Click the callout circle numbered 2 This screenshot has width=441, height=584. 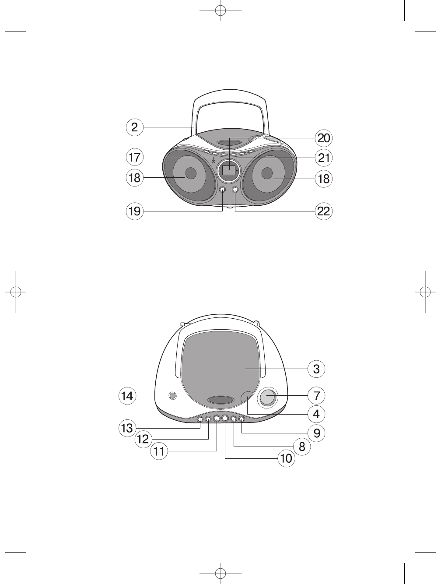point(134,127)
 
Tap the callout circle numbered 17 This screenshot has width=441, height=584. point(134,157)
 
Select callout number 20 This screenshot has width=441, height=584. point(323,138)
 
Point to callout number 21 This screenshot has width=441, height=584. point(323,158)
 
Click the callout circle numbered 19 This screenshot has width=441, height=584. point(134,211)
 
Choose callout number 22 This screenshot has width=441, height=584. point(323,211)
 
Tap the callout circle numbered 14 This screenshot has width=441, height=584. point(127,396)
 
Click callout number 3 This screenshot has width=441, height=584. point(316,369)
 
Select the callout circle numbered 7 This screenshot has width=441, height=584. point(316,396)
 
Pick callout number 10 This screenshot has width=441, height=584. point(286,458)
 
